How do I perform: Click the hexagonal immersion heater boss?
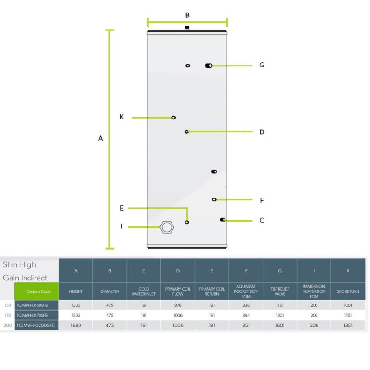coord(167,227)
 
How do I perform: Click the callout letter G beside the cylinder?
coord(262,65)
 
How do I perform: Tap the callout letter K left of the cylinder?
coord(122,117)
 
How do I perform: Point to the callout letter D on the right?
coord(262,132)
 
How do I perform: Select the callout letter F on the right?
coord(262,200)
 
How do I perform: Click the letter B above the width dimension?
coord(187,15)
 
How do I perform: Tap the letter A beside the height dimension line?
coord(100,138)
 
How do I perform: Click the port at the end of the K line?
coord(173,118)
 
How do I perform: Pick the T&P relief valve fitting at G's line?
coord(209,66)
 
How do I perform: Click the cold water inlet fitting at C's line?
coord(223,220)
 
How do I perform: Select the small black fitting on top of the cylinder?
coord(187,28)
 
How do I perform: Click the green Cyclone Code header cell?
coord(37,291)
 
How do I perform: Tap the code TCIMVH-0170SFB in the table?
coord(32,315)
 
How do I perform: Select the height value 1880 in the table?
coord(76,325)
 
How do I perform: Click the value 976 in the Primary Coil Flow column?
coord(178,305)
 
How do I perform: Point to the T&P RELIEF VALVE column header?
coord(279,291)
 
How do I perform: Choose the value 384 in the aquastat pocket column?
coord(246,315)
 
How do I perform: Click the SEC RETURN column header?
coord(348,291)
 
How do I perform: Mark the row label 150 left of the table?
coord(8,305)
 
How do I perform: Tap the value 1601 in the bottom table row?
coord(280,325)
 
